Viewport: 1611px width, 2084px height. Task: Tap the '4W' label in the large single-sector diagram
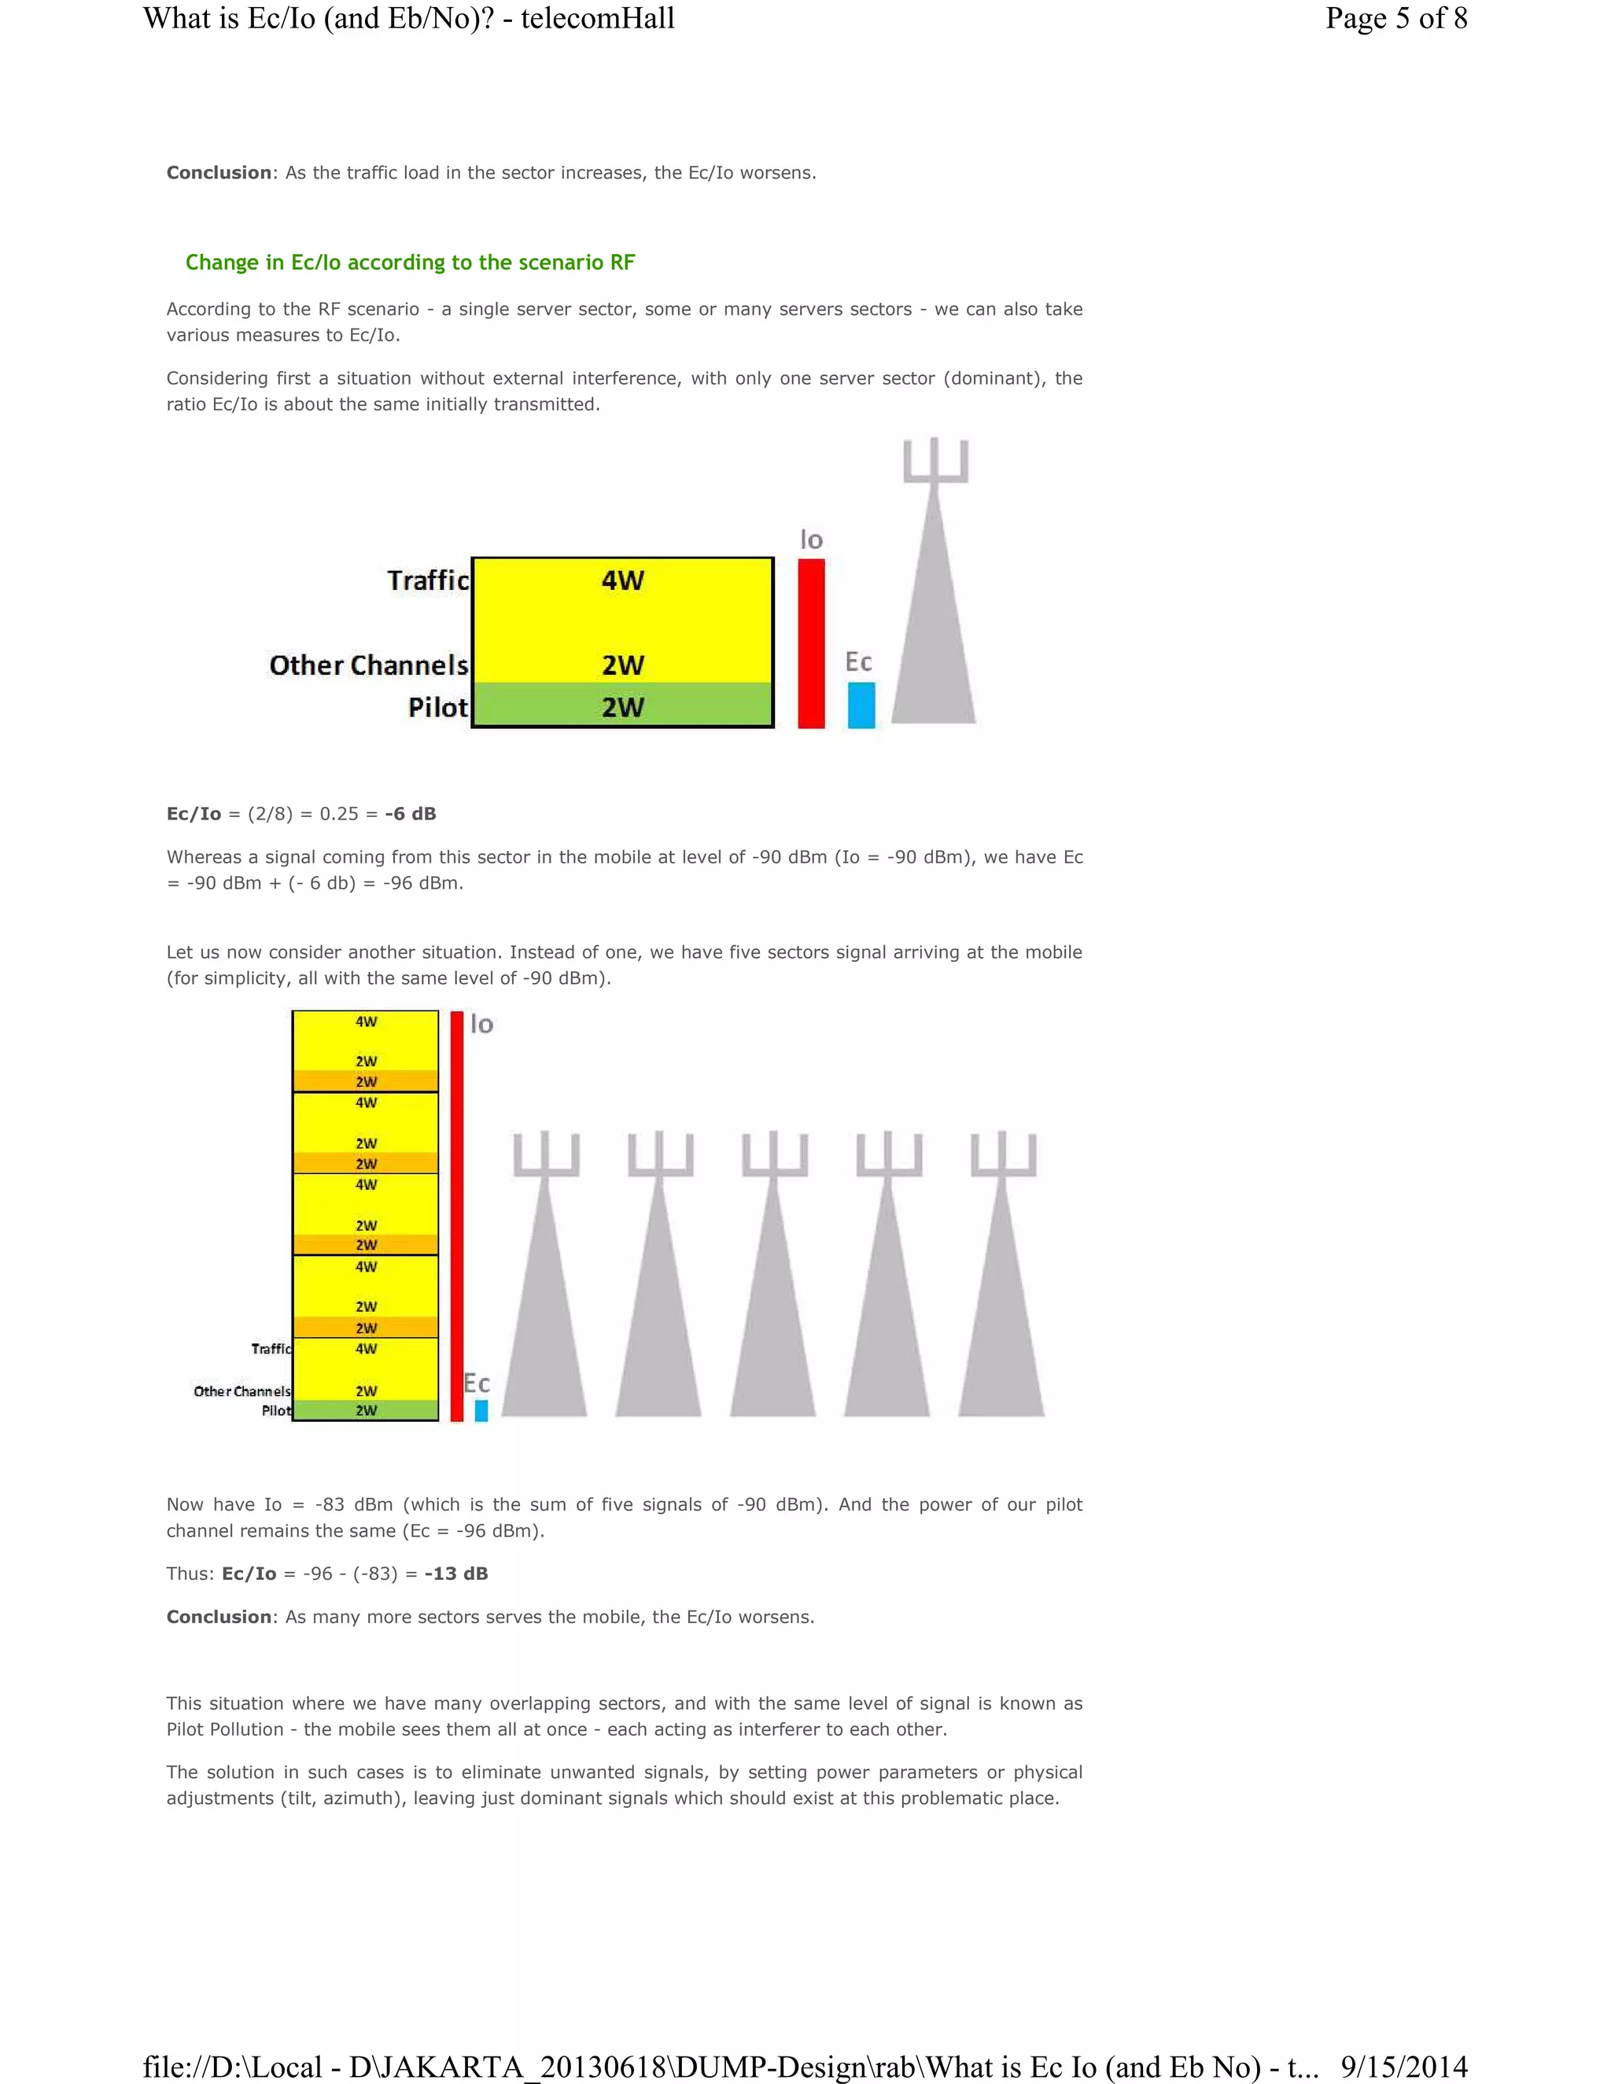click(622, 580)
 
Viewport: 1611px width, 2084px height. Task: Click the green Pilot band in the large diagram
click(622, 706)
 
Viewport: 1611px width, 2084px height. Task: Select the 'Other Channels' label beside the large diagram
click(368, 665)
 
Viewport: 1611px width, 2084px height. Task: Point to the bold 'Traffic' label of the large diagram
click(428, 580)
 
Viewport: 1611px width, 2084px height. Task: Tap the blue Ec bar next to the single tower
click(861, 705)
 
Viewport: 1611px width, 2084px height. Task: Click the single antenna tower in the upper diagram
click(935, 611)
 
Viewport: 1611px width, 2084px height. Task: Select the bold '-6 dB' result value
click(411, 814)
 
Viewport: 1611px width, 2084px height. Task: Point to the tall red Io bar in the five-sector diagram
click(457, 1217)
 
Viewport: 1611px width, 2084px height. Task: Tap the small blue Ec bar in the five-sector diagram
click(481, 1410)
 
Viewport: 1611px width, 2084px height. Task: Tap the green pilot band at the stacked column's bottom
click(366, 1410)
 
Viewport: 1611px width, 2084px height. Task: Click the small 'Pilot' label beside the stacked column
click(276, 1410)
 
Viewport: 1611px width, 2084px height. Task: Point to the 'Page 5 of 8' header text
click(1395, 18)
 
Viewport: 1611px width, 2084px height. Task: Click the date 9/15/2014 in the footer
click(1403, 2067)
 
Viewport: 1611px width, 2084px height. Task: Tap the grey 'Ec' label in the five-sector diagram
click(476, 1383)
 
